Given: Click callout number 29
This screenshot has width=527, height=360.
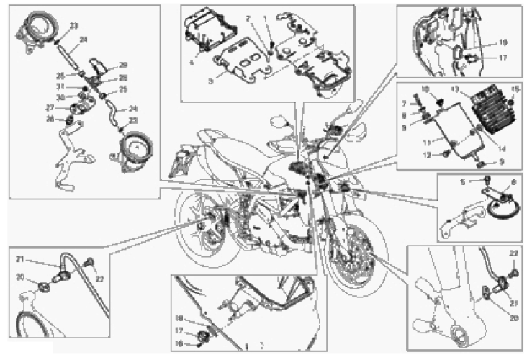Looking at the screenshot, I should [x=123, y=65].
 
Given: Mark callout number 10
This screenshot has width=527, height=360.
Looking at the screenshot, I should [x=424, y=88].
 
